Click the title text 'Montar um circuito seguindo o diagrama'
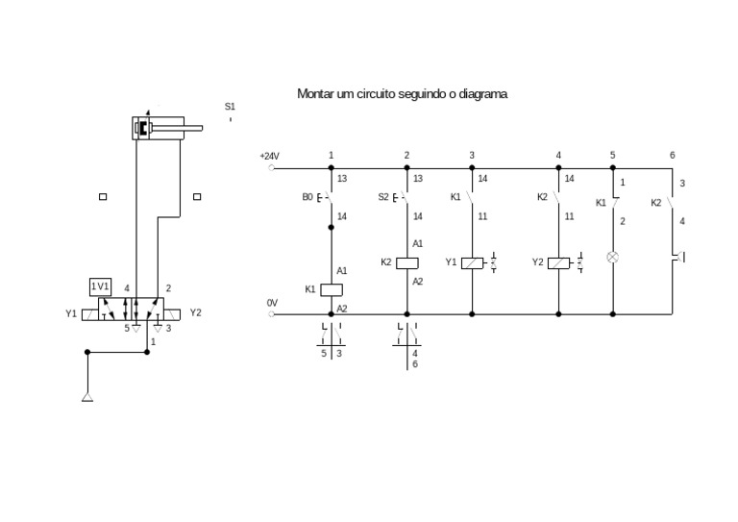tap(402, 94)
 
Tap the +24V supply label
tap(269, 156)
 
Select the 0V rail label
tap(272, 303)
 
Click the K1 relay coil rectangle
tap(332, 288)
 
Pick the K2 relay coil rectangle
tap(406, 262)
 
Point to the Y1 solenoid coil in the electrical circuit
tap(472, 262)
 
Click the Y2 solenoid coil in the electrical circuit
tap(558, 262)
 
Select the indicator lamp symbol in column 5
tap(612, 257)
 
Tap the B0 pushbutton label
tap(307, 197)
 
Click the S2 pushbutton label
tap(382, 197)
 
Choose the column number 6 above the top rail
tap(672, 155)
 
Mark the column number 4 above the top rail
tap(558, 155)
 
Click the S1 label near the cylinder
tap(230, 107)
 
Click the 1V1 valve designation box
tap(100, 286)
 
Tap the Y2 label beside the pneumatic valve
tap(196, 312)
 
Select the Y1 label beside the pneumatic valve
tap(71, 313)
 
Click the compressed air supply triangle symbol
tap(87, 396)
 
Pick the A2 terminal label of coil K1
tap(342, 308)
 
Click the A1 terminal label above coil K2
tap(417, 244)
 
